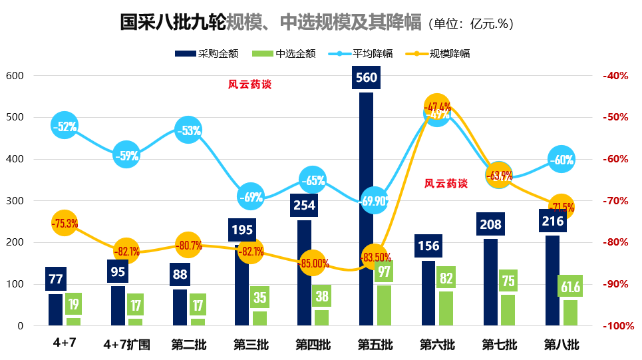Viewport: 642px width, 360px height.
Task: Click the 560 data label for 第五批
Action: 367,78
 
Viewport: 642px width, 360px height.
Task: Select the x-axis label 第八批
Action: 562,345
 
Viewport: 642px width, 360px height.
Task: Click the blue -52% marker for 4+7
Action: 65,126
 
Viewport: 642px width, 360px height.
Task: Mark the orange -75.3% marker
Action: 65,224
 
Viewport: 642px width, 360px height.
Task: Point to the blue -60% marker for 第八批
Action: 562,160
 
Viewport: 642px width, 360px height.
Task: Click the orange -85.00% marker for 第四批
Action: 313,263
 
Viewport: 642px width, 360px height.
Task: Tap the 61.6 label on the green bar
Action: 570,287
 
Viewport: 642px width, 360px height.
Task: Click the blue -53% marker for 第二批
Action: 188,130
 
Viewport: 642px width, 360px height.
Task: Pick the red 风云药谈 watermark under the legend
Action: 250,85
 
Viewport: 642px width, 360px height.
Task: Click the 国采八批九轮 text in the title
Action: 172,23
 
